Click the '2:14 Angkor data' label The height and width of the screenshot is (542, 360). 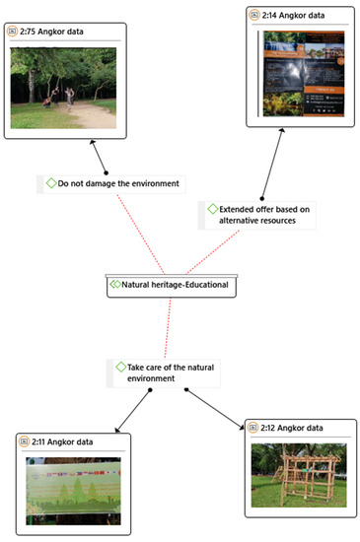point(302,17)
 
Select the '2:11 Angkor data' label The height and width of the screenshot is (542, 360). point(63,441)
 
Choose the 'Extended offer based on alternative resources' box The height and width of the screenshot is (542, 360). point(257,215)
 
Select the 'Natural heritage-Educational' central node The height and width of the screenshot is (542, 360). point(174,286)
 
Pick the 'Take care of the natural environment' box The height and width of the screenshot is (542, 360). point(164,373)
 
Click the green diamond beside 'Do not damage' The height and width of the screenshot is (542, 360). point(51,182)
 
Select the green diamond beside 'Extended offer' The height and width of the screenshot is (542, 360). point(211,209)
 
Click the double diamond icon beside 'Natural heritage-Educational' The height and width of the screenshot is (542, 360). point(116,286)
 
